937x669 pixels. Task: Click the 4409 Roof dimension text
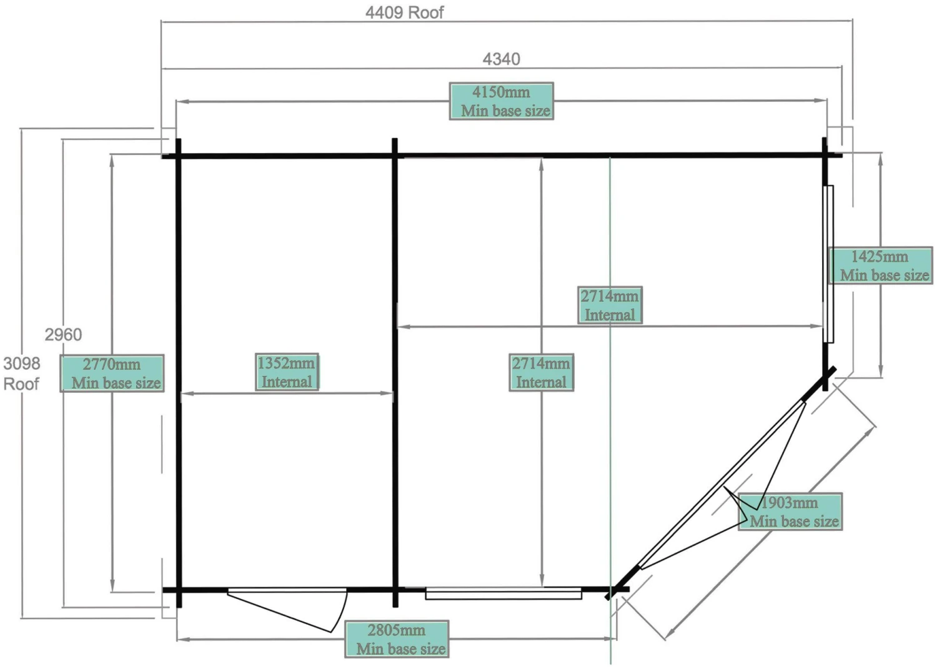[404, 12]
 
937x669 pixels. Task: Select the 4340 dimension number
[501, 59]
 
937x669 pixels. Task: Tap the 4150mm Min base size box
[502, 101]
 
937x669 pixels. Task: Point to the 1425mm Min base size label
[880, 265]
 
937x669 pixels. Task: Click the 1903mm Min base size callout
[790, 512]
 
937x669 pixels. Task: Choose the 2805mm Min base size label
[397, 639]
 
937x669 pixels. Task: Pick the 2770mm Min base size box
[112, 373]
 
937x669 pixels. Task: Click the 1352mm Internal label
[287, 372]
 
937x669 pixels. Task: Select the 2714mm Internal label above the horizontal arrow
[609, 305]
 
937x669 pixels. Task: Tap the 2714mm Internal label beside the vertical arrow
[541, 372]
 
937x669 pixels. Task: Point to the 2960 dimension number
[63, 335]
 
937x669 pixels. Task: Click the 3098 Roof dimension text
[22, 373]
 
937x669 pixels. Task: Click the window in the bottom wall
[503, 593]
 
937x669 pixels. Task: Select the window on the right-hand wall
[829, 264]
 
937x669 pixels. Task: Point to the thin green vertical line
[610, 437]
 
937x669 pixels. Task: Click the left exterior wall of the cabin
[179, 375]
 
